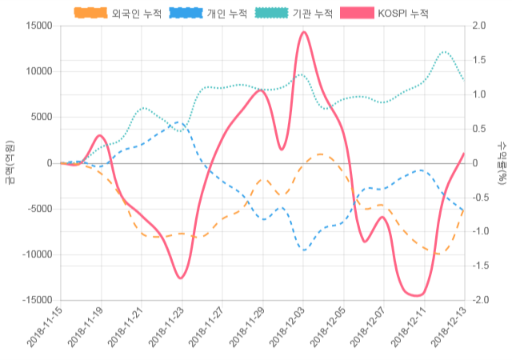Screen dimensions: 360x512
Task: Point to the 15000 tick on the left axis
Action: coord(39,26)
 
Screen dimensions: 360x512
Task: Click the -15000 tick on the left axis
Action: coord(38,300)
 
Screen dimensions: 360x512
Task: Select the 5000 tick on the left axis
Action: coord(42,117)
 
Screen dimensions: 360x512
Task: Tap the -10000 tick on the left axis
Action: coord(38,254)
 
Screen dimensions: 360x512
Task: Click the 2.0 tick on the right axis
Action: coord(479,26)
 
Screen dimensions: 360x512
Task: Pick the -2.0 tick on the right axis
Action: coord(481,300)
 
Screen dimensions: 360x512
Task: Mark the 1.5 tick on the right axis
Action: coord(479,60)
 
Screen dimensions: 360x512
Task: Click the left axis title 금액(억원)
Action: coord(9,163)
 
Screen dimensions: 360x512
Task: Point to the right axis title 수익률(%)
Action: coord(502,163)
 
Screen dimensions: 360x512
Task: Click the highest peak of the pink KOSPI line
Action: coord(303,32)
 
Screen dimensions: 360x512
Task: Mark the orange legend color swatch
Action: coord(90,14)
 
